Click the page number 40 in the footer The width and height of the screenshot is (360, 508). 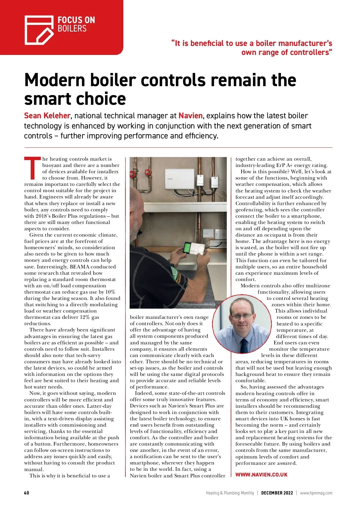click(x=27, y=493)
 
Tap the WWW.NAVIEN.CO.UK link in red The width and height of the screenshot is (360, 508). click(x=261, y=475)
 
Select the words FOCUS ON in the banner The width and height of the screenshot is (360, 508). click(x=76, y=20)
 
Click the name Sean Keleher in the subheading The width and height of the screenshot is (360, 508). click(x=47, y=116)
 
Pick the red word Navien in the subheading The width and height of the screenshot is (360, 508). click(x=190, y=116)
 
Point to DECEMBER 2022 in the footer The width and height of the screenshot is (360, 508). click(x=277, y=493)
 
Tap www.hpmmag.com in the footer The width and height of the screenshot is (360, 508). click(x=316, y=493)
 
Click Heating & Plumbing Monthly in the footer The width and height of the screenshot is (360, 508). click(x=230, y=493)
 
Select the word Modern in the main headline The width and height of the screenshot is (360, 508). click(x=55, y=80)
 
